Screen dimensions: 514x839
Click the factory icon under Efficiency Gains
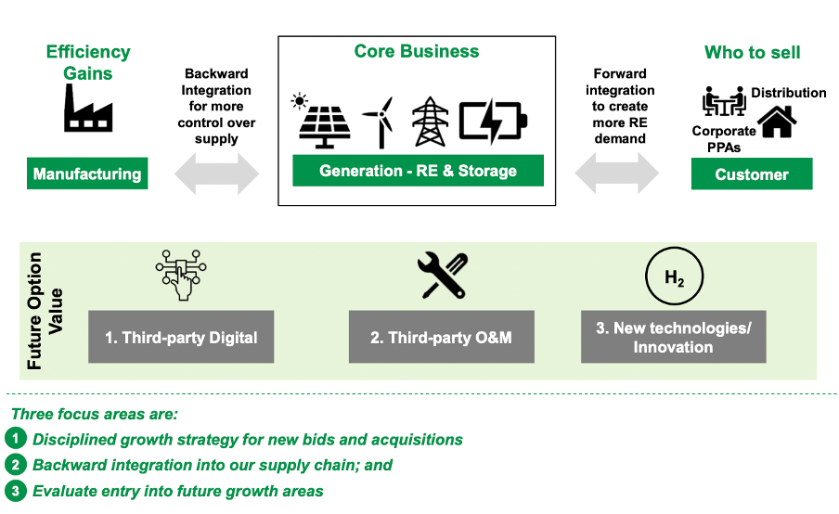pos(88,109)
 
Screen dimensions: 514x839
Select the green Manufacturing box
pos(87,173)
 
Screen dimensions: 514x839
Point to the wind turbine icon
pos(377,122)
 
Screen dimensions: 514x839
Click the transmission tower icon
pos(429,122)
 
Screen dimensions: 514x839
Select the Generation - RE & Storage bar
pos(418,171)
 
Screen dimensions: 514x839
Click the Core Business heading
pos(417,51)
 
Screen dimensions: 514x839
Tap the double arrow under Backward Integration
pos(218,173)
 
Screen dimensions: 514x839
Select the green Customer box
pos(752,174)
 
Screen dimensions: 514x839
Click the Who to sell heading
pos(752,52)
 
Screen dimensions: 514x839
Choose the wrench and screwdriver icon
pos(441,276)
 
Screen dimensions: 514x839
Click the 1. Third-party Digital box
pos(181,337)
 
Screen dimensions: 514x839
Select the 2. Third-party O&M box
pos(441,337)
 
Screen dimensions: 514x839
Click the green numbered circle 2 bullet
pos(16,465)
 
